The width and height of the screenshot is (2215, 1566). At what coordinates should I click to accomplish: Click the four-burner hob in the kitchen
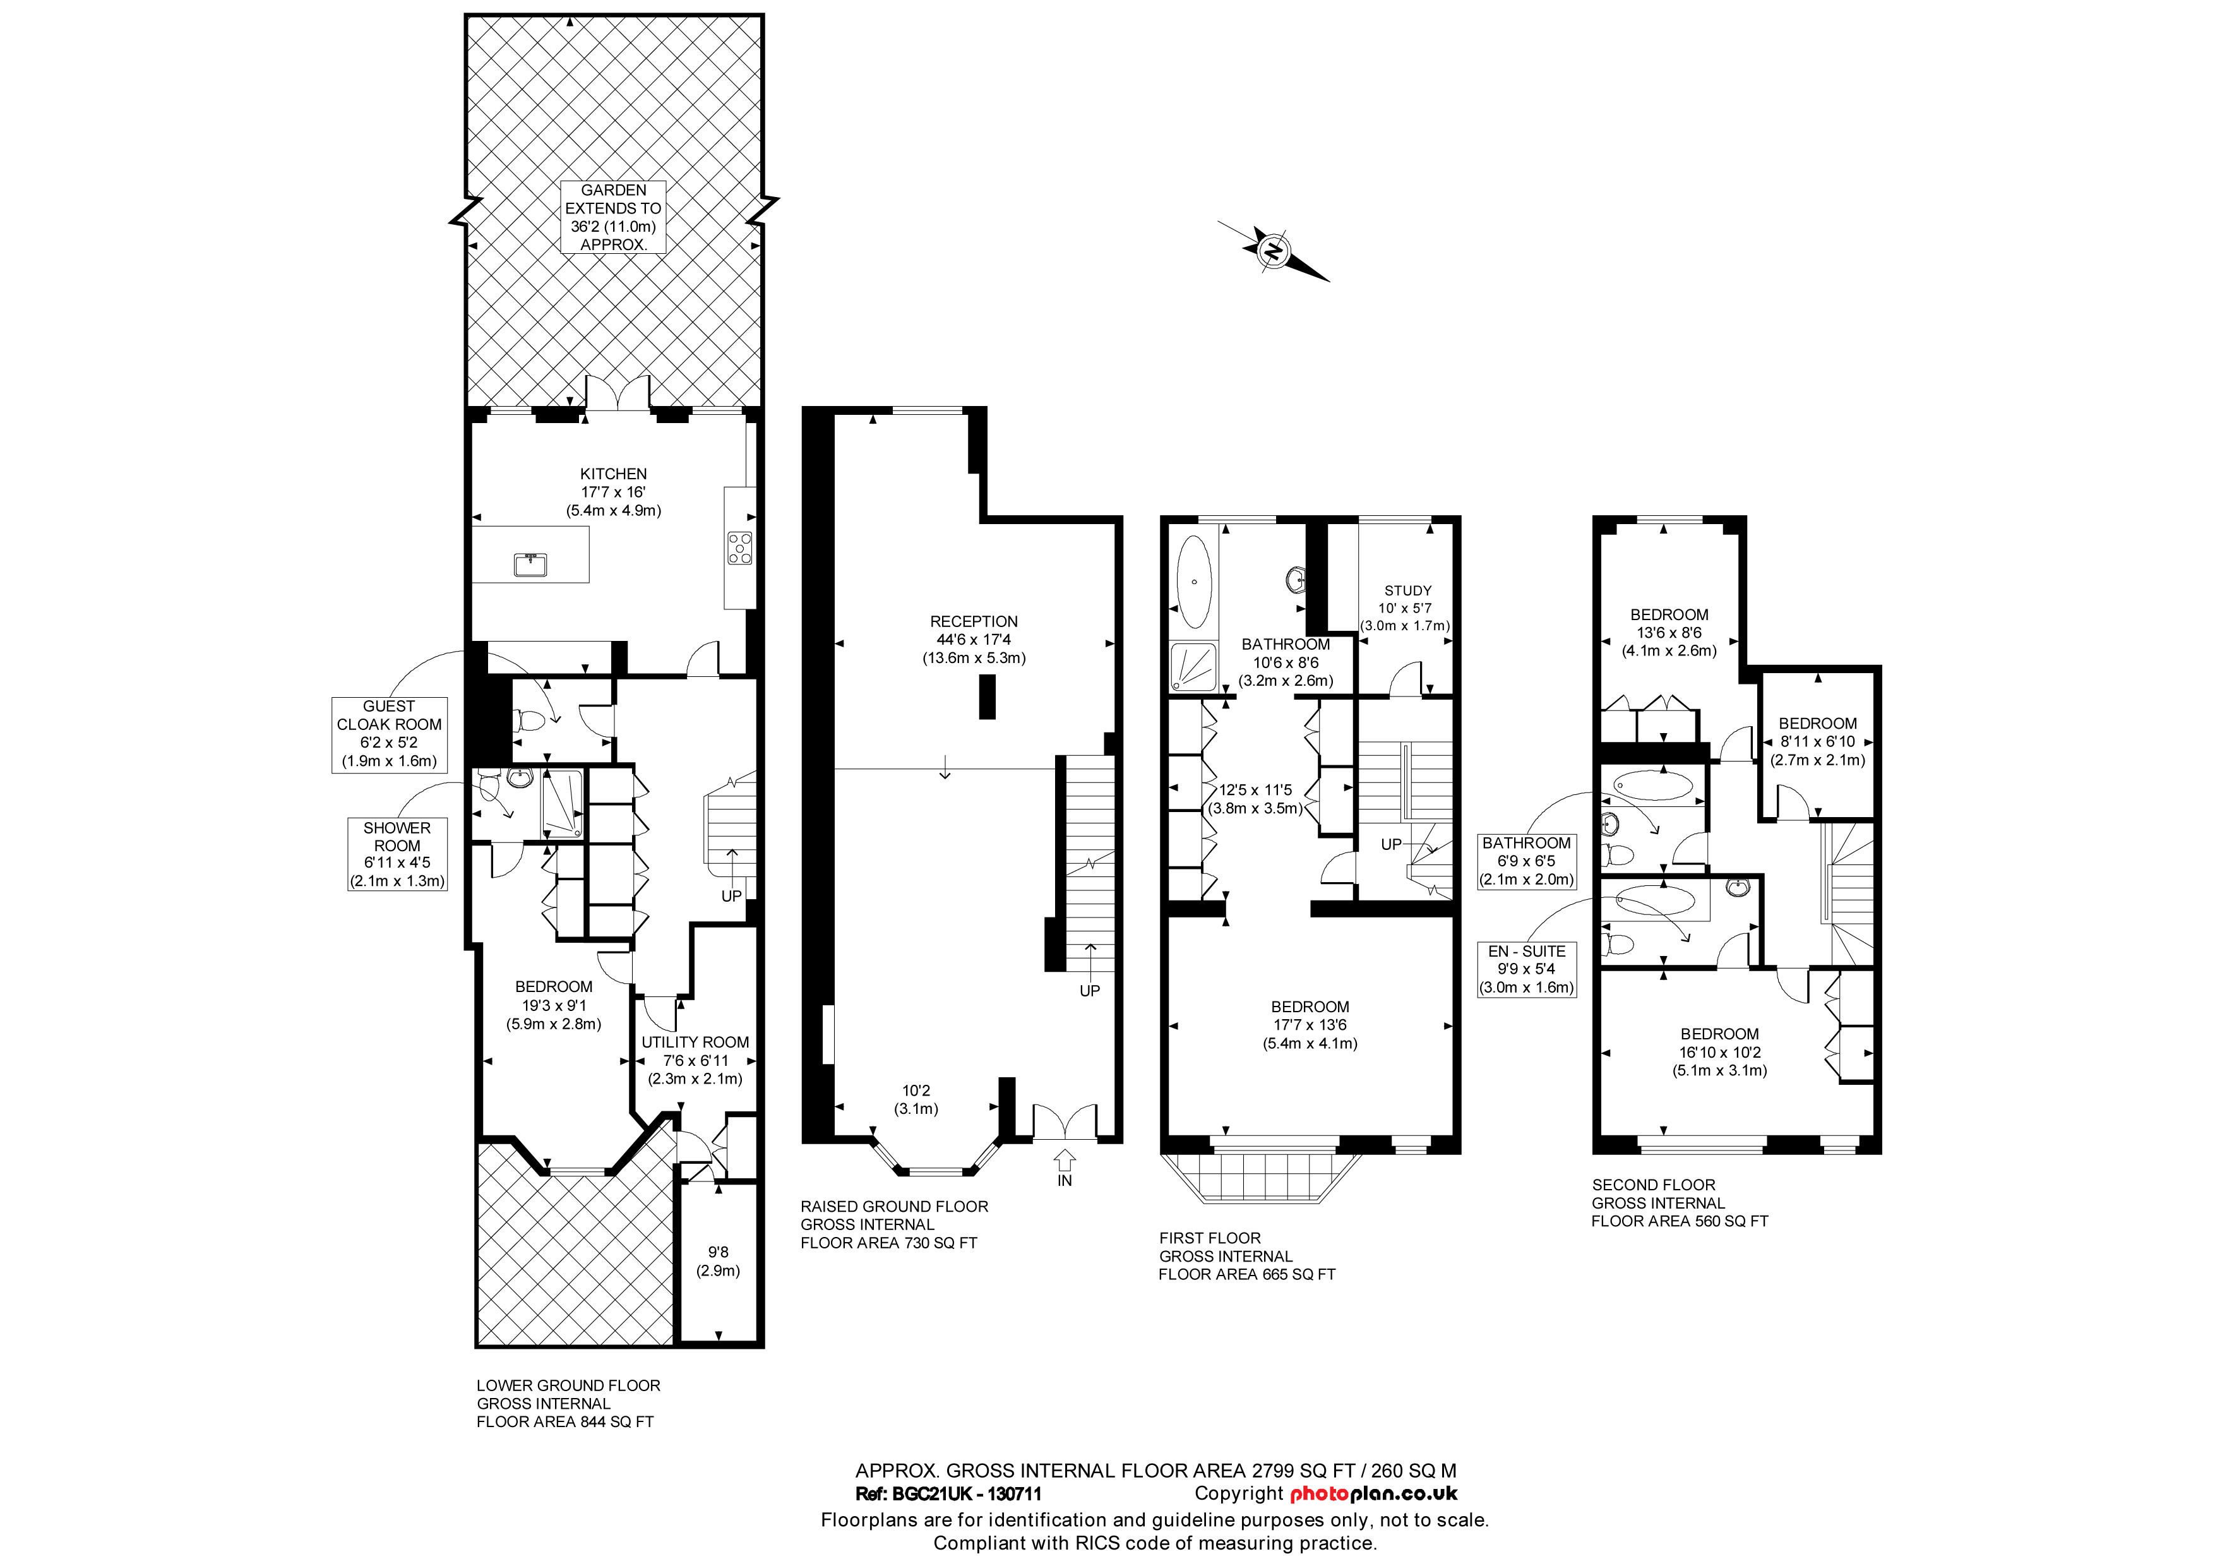(x=740, y=548)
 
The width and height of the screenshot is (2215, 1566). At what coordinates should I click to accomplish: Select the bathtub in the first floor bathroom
(x=1195, y=582)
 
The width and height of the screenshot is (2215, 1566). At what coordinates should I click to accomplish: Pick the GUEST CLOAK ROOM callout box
(x=389, y=734)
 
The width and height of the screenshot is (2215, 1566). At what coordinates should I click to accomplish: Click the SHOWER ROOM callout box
(x=397, y=854)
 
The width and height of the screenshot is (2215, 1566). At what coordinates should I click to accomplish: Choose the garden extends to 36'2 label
(x=614, y=217)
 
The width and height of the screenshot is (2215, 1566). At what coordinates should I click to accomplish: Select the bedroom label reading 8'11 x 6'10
(x=1818, y=741)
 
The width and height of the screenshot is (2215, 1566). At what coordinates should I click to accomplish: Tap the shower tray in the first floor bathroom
(x=1195, y=667)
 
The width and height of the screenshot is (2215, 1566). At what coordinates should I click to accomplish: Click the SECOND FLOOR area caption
(x=1680, y=1202)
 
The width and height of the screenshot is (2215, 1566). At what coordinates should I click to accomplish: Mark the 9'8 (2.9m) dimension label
(x=718, y=1261)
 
